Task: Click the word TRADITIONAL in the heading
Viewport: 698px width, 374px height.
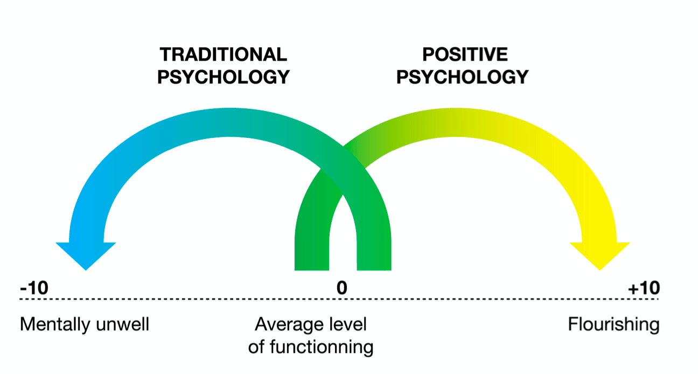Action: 223,54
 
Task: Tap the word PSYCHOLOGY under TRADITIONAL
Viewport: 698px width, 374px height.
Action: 223,77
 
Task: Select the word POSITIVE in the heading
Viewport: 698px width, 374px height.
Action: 465,54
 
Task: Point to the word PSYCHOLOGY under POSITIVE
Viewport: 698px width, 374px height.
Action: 462,77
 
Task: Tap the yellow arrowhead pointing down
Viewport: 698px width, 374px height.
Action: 599,254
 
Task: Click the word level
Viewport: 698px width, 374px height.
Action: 346,324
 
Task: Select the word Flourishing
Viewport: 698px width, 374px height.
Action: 613,324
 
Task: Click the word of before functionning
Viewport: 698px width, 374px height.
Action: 257,347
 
